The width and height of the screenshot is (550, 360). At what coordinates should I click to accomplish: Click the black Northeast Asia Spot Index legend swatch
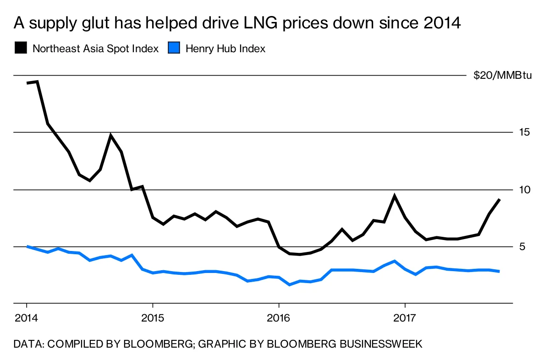(21, 48)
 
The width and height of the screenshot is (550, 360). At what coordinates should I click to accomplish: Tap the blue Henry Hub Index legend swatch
(174, 48)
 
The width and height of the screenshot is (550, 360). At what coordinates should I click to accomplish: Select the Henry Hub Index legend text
(225, 49)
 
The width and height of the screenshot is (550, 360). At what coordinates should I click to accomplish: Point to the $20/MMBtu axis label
(502, 76)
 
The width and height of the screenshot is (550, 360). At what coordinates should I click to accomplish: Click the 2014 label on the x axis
(27, 317)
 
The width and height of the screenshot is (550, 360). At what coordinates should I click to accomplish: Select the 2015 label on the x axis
(153, 317)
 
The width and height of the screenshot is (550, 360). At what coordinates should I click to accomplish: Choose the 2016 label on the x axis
(279, 317)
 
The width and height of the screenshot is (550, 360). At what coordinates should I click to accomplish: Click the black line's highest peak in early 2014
(37, 82)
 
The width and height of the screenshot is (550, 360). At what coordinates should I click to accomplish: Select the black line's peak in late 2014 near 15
(111, 136)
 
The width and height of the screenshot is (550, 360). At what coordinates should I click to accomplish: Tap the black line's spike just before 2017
(394, 196)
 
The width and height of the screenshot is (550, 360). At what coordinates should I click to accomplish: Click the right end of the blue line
(499, 272)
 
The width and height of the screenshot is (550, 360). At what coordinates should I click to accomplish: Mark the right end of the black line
(499, 200)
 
